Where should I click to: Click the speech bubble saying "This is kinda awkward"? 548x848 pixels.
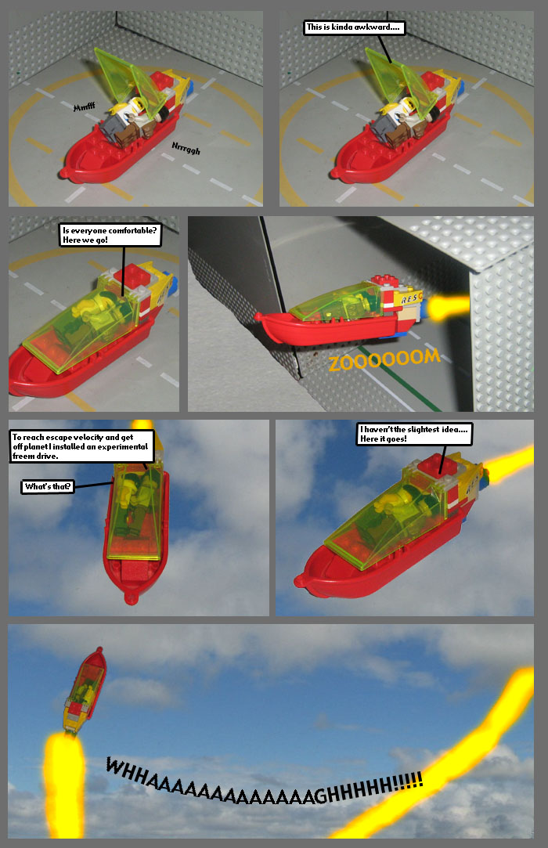click(x=354, y=27)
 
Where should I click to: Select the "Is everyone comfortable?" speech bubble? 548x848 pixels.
click(x=110, y=235)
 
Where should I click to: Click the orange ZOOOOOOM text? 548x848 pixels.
click(x=384, y=362)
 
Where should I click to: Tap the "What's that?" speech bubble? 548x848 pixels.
click(x=49, y=487)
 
